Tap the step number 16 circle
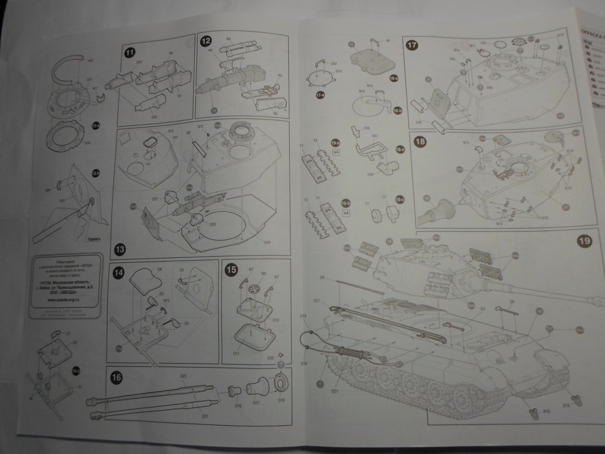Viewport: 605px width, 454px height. [x=116, y=378]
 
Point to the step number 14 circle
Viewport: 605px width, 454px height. [x=119, y=272]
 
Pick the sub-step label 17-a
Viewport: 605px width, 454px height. [x=321, y=95]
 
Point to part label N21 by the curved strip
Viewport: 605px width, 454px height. [x=91, y=61]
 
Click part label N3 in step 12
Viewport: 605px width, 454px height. [x=275, y=113]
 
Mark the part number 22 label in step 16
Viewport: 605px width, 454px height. [x=184, y=376]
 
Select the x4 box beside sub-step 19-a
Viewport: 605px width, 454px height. [x=336, y=152]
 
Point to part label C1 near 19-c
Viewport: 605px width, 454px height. [x=367, y=204]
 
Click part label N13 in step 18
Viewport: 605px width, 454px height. [x=466, y=142]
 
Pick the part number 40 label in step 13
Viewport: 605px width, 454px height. [x=267, y=243]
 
